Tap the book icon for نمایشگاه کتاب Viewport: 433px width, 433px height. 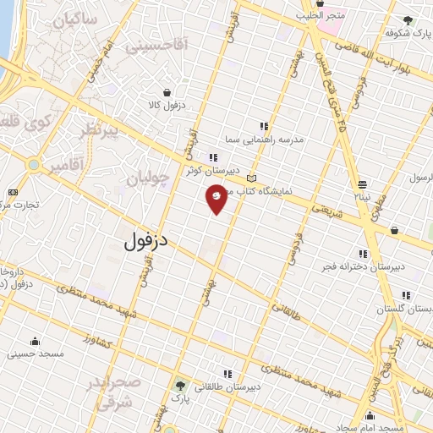point(250,178)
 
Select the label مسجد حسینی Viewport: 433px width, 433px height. point(35,354)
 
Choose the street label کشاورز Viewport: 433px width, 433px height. point(101,340)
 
